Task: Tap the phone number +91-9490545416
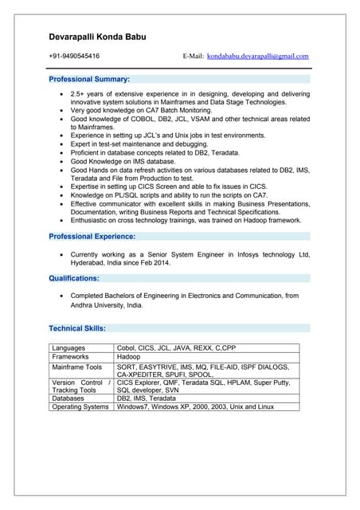[x=74, y=57]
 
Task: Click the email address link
[x=257, y=57]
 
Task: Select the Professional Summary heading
[x=89, y=80]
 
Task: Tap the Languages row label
[x=69, y=348]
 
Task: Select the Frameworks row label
[x=72, y=358]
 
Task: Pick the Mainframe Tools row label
[x=77, y=367]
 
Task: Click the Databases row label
[x=70, y=398]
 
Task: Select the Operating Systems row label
[x=80, y=407]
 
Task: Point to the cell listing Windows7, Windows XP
[x=195, y=407]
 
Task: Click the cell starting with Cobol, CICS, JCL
[x=176, y=348]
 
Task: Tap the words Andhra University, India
[x=108, y=304]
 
